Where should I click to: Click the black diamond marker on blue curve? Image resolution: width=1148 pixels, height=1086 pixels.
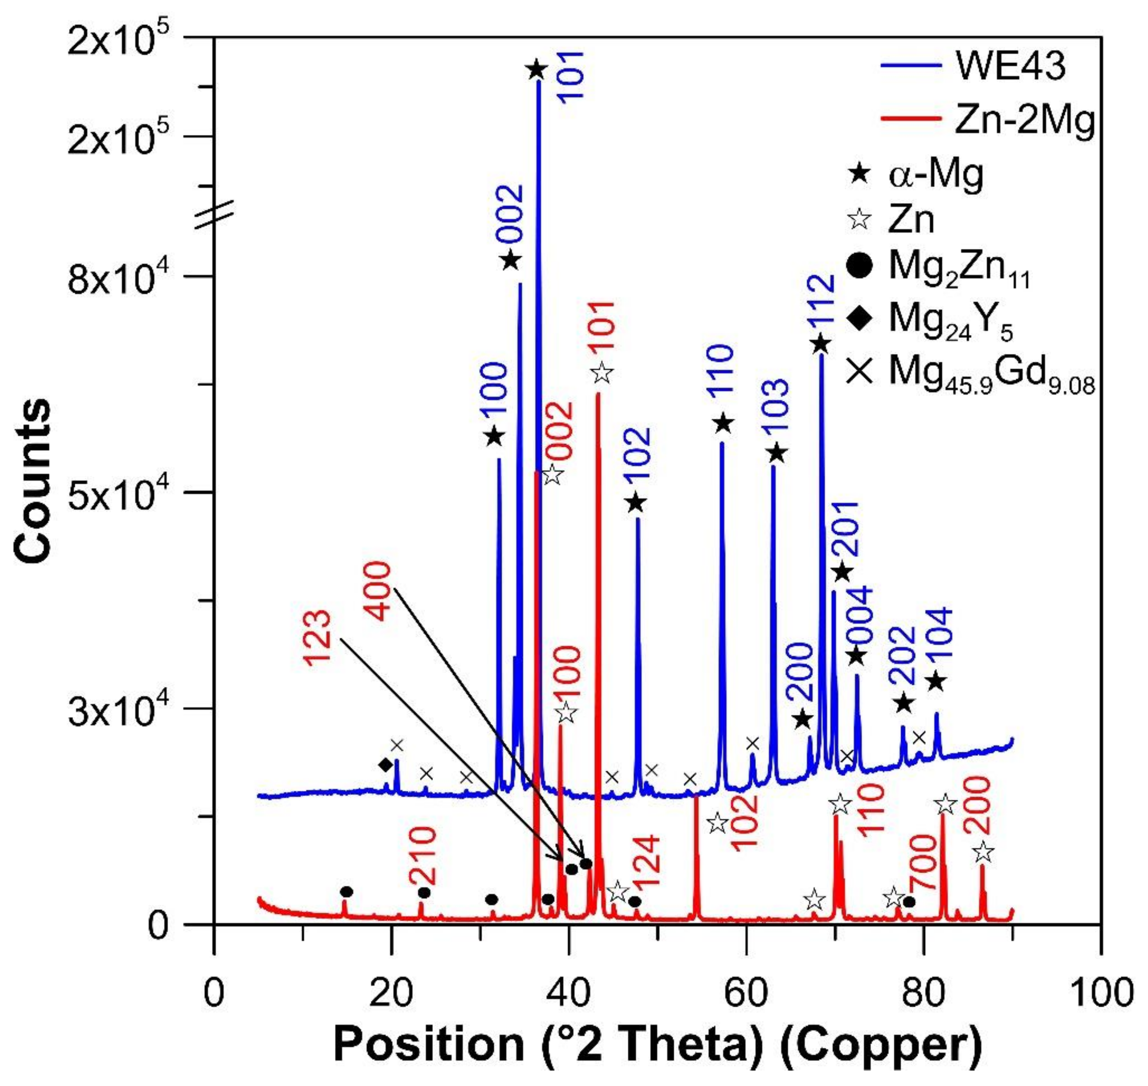click(x=386, y=765)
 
